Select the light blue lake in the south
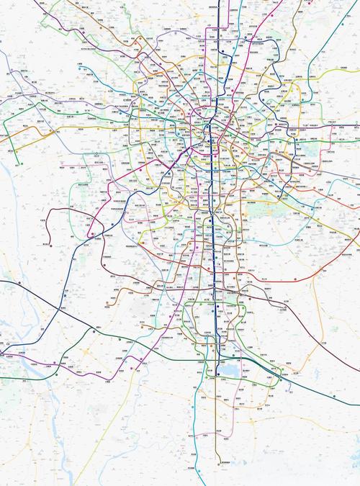(x=229, y=369)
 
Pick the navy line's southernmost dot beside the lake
(x=217, y=374)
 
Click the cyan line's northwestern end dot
(x=96, y=154)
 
